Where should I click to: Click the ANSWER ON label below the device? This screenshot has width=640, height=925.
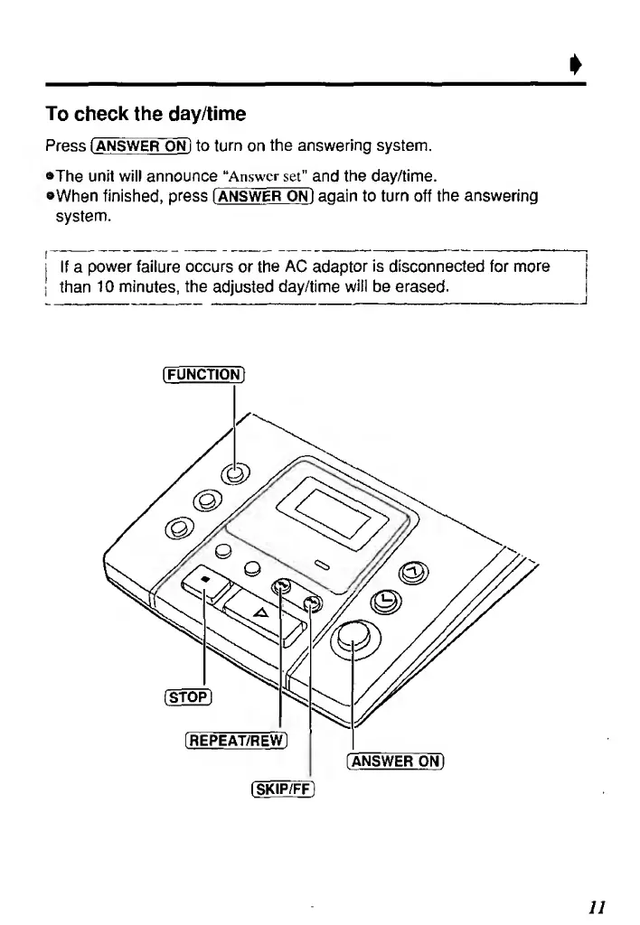(396, 759)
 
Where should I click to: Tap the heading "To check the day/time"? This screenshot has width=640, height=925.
(146, 116)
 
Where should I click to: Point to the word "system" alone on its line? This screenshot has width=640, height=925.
(81, 217)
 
